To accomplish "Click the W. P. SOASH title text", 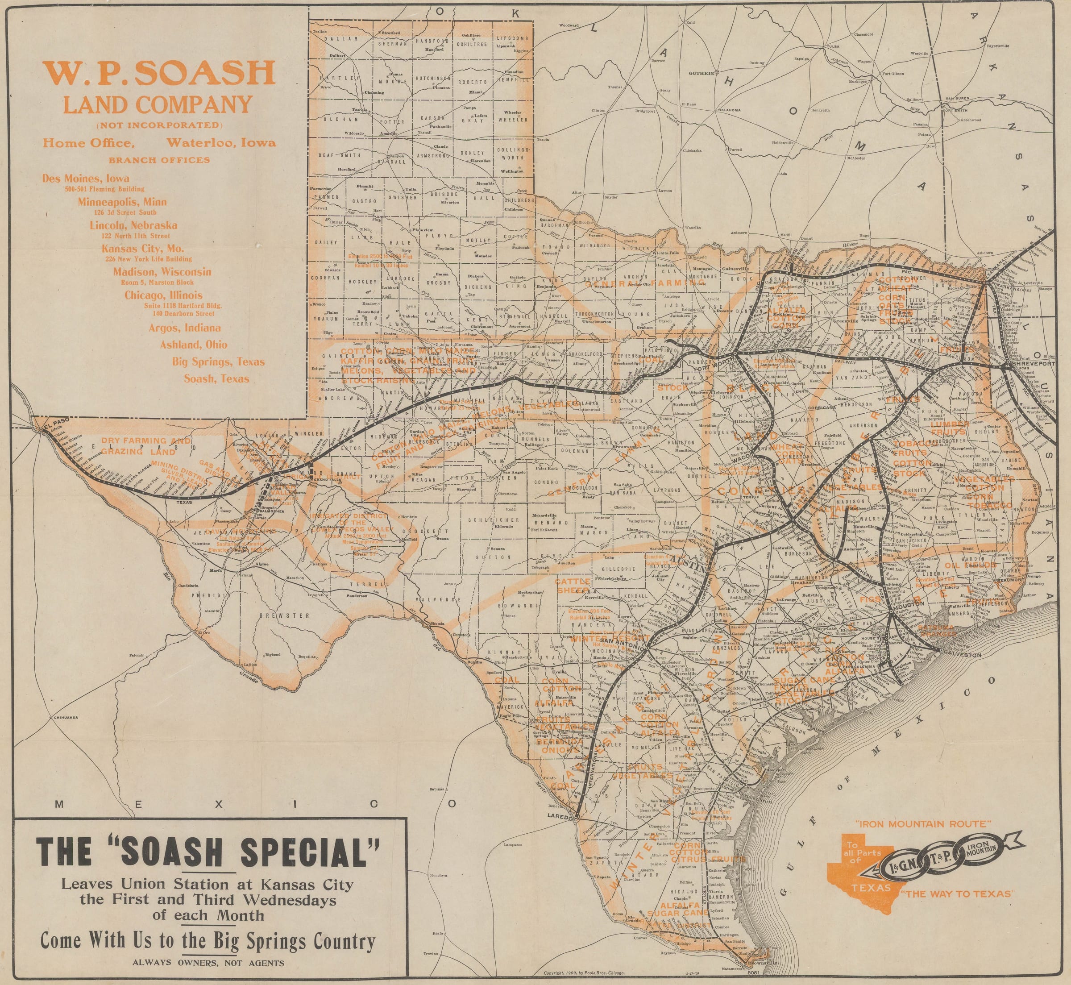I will (159, 73).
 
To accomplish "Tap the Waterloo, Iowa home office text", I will (221, 143).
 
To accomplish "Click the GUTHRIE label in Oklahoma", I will (701, 73).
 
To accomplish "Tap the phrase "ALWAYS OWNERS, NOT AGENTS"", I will (208, 963).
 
